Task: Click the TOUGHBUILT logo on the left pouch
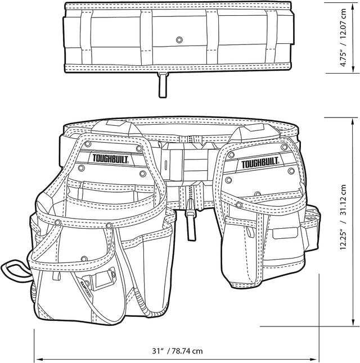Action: coord(110,160)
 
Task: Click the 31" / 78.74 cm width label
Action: coord(177,351)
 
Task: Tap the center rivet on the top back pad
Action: coord(179,40)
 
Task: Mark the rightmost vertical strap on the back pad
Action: coord(272,39)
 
